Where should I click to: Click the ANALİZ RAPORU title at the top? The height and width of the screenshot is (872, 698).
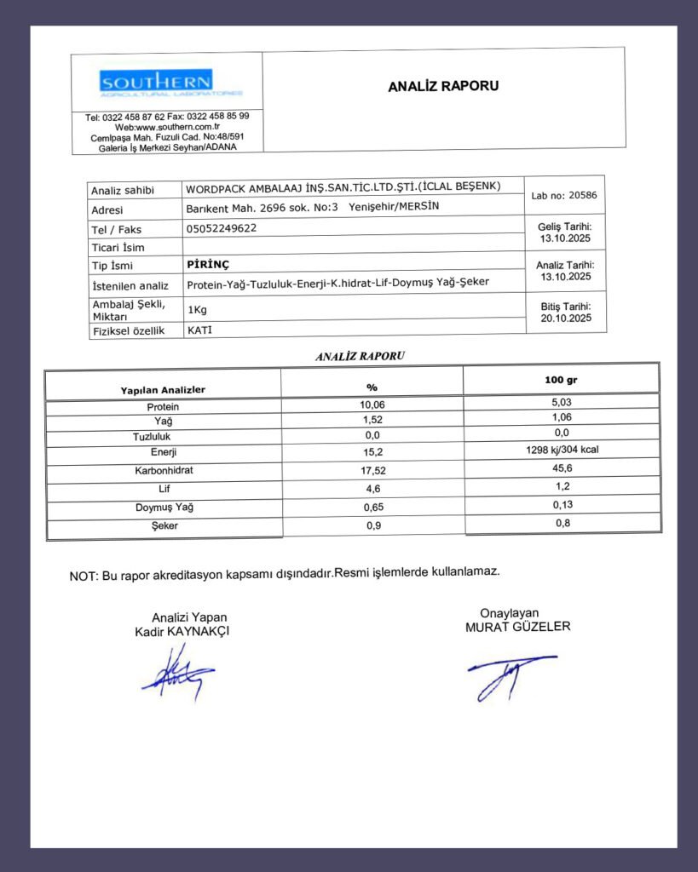[443, 86]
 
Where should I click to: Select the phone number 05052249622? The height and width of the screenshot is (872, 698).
[222, 228]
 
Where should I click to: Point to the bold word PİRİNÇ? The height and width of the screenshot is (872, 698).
[209, 264]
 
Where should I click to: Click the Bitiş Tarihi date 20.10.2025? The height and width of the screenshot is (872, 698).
[566, 318]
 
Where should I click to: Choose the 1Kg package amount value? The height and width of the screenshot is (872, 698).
[198, 309]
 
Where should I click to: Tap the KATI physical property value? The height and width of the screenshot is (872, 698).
[199, 329]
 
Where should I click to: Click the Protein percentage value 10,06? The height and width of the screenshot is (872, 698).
[372, 404]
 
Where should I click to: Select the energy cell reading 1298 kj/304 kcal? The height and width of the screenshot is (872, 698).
[562, 450]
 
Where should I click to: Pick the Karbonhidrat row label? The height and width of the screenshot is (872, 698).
[163, 470]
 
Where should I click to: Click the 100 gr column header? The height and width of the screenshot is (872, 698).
[562, 380]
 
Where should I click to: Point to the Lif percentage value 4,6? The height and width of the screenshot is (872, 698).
[372, 488]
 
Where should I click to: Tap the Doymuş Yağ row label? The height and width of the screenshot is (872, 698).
[163, 508]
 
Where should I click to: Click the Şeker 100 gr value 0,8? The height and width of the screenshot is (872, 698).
[562, 523]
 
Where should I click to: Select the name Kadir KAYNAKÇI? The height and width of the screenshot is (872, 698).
[182, 632]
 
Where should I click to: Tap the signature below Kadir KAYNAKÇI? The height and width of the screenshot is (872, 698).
[177, 672]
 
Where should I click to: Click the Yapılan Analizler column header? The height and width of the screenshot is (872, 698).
[163, 389]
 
